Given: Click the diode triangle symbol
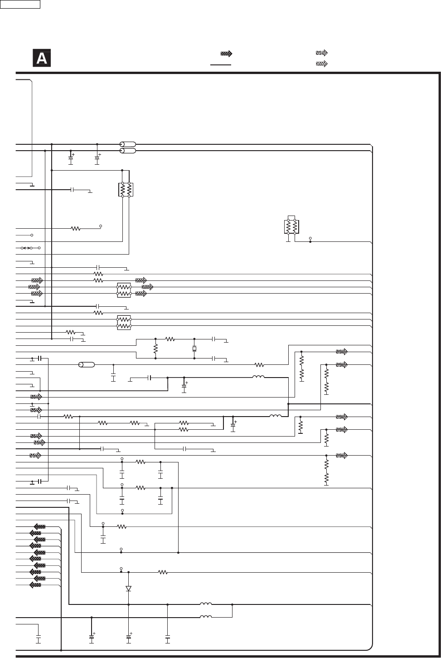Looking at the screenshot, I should tap(129, 588).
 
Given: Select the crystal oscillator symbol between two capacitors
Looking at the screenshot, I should tap(194, 349).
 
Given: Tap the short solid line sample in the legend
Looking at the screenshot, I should tap(221, 65).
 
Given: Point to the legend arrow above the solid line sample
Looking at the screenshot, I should tap(226, 54).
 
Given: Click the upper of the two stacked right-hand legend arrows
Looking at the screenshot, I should tap(321, 53).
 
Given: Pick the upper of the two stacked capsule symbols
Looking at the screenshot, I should tap(127, 144).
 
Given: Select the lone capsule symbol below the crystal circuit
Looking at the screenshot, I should tap(86, 364).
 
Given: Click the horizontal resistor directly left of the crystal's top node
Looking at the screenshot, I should tap(170, 339).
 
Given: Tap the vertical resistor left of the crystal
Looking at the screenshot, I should tap(155, 349).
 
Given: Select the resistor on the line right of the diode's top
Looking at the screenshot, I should tap(163, 572).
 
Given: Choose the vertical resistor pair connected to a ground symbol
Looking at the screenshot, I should tap(291, 226).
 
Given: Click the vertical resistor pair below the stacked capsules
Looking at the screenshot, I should tap(126, 190).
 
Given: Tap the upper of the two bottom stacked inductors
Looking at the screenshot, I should tap(206, 604).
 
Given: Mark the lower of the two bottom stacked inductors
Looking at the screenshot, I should tap(206, 617).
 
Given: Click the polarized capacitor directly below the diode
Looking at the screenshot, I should tap(129, 637).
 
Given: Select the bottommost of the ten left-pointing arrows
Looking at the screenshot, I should tap(35, 585).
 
